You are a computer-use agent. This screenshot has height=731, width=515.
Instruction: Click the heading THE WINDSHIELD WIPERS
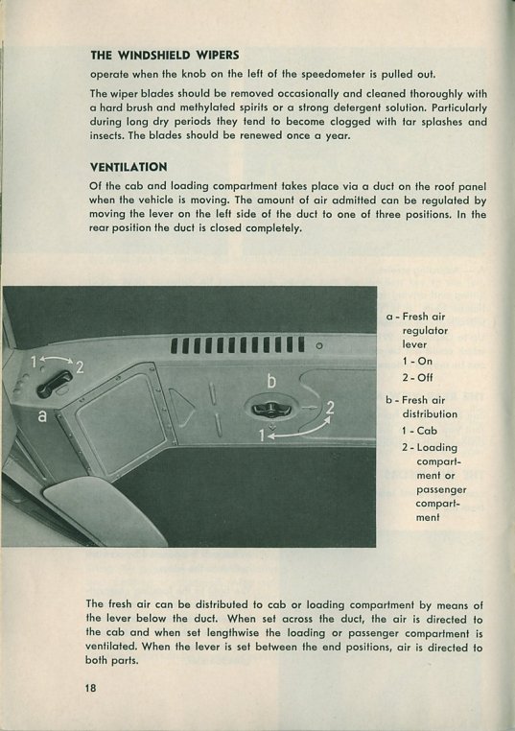point(165,55)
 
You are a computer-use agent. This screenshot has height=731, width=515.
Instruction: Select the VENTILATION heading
point(129,167)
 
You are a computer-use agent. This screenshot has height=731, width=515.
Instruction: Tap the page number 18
point(90,688)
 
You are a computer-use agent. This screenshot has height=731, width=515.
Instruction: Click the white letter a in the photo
point(42,415)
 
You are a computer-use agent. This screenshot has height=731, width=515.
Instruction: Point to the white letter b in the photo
point(271,381)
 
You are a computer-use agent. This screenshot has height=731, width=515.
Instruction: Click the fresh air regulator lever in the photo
point(55,384)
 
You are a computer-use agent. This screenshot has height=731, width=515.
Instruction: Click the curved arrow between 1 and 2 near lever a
point(57,358)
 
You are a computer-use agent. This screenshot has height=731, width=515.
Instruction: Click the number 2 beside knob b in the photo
point(330,408)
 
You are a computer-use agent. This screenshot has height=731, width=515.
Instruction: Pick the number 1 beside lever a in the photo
point(34,362)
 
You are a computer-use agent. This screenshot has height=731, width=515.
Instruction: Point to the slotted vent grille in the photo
point(238,345)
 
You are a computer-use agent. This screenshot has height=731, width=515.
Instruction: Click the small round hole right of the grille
point(319,346)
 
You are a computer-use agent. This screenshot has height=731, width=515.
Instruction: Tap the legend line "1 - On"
point(417,361)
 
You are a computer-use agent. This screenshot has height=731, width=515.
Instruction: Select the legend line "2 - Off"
point(417,377)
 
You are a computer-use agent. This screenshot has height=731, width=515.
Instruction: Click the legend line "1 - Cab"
point(420,431)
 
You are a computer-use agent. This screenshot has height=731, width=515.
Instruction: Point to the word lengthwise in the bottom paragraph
point(243,633)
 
